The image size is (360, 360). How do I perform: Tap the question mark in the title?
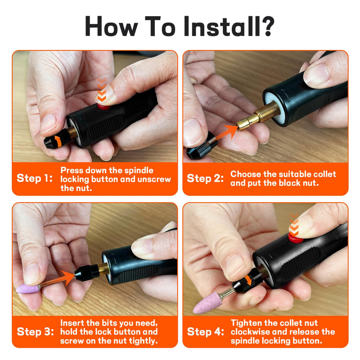(267, 26)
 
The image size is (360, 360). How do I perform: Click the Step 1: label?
(35, 178)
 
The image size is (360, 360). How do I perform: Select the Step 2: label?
(205, 178)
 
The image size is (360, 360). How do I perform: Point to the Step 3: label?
(36, 332)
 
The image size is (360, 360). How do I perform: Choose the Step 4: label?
(206, 332)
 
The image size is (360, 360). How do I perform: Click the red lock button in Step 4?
(296, 238)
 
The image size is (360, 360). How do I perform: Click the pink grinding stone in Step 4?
(207, 302)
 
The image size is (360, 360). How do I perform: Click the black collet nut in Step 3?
(86, 273)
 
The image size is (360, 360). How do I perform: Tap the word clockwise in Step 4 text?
(250, 332)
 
